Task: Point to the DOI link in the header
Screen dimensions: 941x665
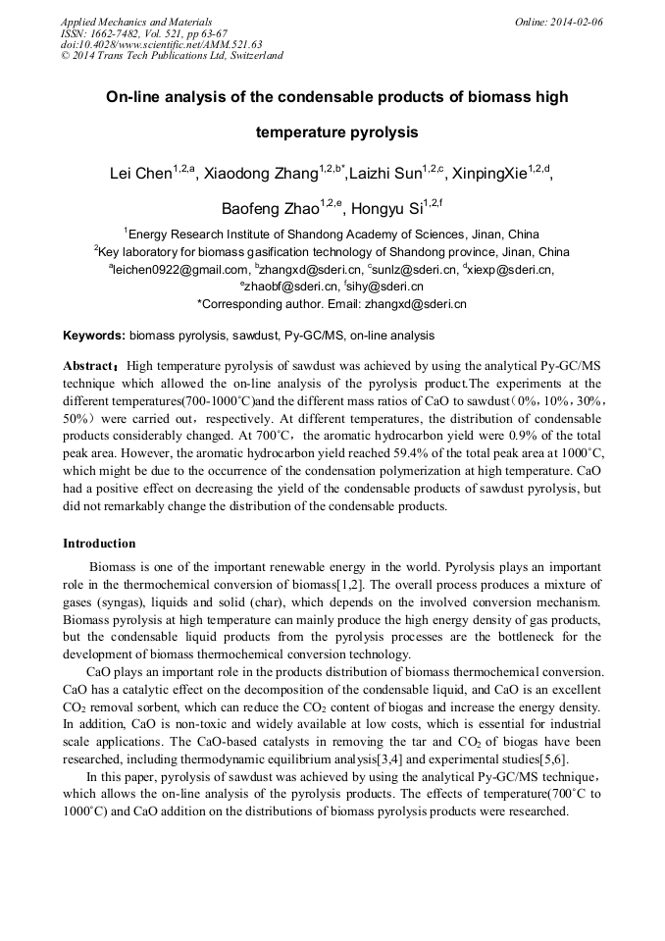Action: coord(161,44)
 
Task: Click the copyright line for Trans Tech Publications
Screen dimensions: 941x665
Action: coord(172,56)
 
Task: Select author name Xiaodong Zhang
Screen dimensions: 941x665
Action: coord(260,174)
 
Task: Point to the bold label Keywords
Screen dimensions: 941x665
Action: coord(94,336)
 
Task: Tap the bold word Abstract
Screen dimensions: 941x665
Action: coord(89,366)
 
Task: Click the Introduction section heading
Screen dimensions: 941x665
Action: coord(99,544)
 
